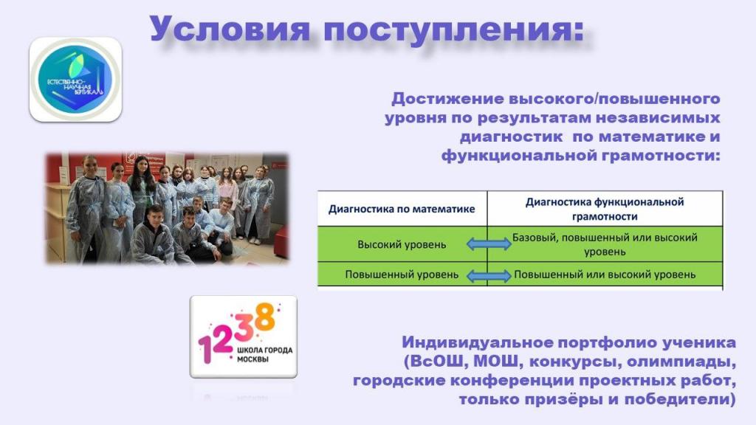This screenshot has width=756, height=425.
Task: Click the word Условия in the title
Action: tap(230, 29)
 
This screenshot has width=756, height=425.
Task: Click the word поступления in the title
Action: tap(454, 30)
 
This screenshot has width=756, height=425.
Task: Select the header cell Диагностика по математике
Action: tap(402, 209)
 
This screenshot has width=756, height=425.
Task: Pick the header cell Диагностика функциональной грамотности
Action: tap(605, 209)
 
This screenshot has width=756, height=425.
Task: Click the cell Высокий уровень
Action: tap(402, 244)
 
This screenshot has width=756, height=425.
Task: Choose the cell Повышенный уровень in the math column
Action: tap(402, 274)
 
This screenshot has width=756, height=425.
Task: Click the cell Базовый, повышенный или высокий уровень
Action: tap(605, 244)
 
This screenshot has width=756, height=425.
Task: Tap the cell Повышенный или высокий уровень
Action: tap(605, 274)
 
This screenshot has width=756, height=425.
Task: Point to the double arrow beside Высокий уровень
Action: tap(489, 243)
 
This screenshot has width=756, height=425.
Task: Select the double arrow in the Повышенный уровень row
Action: tap(489, 276)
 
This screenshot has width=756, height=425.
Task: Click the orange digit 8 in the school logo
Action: tap(265, 317)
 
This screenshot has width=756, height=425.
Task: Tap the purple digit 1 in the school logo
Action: tap(206, 347)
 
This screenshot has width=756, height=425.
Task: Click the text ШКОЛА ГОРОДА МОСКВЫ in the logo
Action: tap(264, 354)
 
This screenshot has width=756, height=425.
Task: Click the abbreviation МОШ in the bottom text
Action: tap(494, 361)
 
